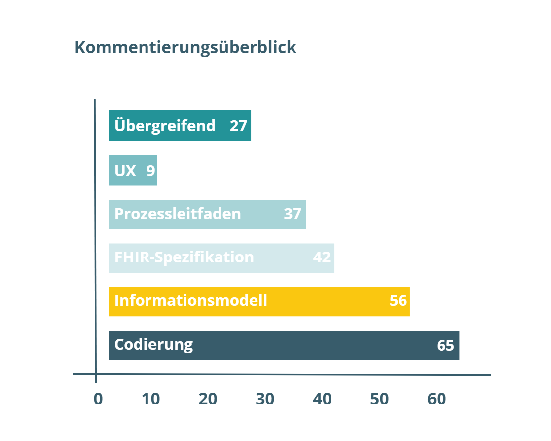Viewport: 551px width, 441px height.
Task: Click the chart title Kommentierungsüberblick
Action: tap(185, 48)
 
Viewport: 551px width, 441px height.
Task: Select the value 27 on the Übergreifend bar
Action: tap(238, 126)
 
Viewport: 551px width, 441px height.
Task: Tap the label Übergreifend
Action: tap(165, 126)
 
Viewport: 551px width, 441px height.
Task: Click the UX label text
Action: tap(125, 171)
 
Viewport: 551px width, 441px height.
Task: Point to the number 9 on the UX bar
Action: tap(150, 171)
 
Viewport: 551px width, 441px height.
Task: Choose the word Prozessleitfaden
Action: tap(178, 214)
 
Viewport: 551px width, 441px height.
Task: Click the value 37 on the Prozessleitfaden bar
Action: tap(293, 214)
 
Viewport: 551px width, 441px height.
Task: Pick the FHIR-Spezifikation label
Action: tap(184, 257)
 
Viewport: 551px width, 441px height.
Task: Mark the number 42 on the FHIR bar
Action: tap(322, 257)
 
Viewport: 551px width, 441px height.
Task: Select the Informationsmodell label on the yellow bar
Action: tap(191, 300)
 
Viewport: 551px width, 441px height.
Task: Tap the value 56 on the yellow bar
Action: tap(398, 300)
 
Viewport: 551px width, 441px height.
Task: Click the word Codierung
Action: tap(153, 344)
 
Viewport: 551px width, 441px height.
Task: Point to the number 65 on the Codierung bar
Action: tap(445, 345)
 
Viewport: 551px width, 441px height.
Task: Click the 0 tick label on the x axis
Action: tap(98, 399)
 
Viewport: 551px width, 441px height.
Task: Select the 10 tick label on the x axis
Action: tap(151, 399)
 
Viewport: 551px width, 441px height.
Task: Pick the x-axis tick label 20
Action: tap(208, 399)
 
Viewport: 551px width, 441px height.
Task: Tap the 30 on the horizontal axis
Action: tap(265, 399)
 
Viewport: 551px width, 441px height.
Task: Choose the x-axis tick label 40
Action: tap(322, 399)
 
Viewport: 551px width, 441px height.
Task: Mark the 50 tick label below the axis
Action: tap(379, 399)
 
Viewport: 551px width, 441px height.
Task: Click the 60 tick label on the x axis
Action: tap(437, 399)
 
